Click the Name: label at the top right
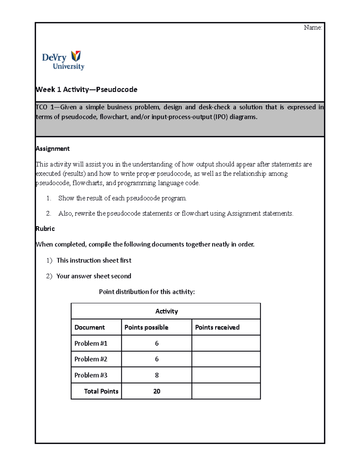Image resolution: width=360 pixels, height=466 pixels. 313,28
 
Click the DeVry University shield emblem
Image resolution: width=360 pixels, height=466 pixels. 76,56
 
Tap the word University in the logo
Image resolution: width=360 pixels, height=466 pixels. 68,66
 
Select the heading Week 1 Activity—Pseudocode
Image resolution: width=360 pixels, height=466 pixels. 86,89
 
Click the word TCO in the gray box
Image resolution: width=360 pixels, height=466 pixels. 41,107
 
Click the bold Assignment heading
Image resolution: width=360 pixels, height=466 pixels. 52,149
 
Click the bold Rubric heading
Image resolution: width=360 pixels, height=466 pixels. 45,229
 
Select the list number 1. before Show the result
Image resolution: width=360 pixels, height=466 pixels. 49,198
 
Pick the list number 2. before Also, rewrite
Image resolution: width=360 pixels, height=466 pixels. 49,214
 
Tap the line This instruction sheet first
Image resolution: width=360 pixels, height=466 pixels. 94,260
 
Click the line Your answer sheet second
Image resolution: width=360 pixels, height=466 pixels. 94,276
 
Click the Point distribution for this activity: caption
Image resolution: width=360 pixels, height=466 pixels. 147,292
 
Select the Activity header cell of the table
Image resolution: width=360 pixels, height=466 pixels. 166,311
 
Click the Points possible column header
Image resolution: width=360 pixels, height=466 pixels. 146,327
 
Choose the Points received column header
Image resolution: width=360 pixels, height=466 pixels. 217,327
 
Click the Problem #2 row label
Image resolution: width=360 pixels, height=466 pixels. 91,359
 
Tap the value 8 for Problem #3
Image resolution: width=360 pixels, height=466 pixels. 157,375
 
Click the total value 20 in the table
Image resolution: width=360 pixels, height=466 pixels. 157,391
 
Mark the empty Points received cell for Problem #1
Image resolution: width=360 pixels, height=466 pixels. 226,343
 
